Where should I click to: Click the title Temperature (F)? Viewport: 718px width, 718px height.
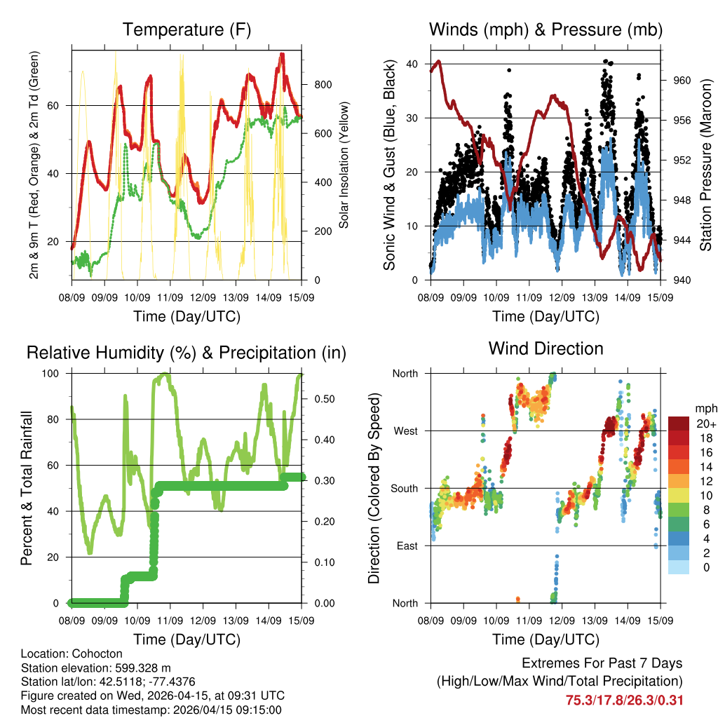187,30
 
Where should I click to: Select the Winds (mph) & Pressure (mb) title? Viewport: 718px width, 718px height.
546,30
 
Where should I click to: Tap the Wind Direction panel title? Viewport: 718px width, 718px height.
546,348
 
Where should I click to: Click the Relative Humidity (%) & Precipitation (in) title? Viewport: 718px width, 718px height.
187,353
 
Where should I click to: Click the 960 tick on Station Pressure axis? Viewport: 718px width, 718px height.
682,80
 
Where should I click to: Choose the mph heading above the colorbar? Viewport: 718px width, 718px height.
705,408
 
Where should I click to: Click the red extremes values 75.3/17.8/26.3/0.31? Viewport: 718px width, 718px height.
624,700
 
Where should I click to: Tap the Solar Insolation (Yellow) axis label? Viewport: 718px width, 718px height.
344,165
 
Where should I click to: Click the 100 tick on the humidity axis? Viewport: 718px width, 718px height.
55,373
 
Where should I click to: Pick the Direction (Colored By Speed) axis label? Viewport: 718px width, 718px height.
374,489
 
